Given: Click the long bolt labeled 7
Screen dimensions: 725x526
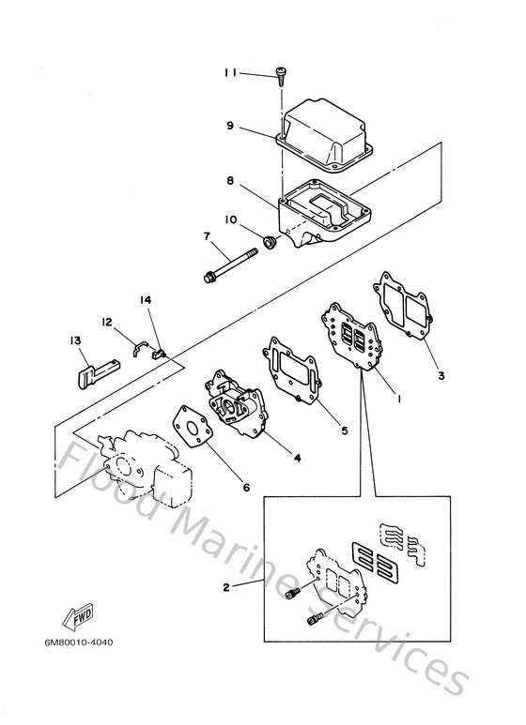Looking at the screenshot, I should [x=240, y=264].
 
